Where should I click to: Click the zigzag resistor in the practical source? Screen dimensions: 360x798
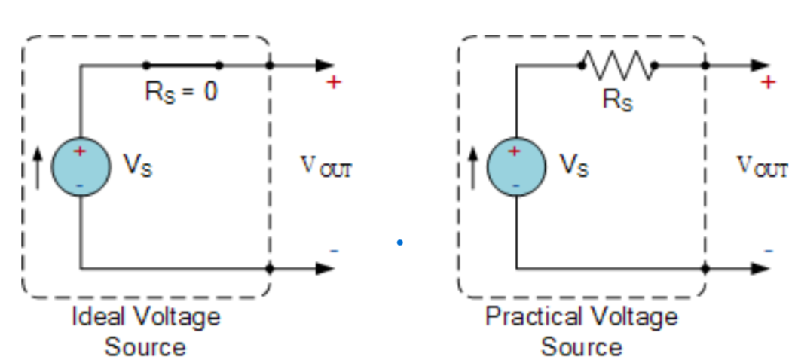click(617, 66)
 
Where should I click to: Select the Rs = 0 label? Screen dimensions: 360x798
click(182, 92)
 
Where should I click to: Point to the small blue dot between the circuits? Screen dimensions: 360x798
click(400, 243)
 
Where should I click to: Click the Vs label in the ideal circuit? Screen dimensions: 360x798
click(138, 165)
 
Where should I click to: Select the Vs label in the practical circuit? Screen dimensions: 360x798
click(573, 165)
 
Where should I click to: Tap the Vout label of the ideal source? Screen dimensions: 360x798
click(326, 166)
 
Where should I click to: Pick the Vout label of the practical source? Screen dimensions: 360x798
click(762, 166)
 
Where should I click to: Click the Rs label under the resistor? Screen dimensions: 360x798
click(618, 101)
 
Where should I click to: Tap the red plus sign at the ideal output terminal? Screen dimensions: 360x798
click(333, 81)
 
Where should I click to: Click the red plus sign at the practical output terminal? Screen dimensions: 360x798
click(768, 81)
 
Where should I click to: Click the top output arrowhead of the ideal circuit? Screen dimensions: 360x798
click(325, 66)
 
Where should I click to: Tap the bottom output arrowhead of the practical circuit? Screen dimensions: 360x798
click(760, 267)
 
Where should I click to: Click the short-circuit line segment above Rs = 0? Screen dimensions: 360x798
click(182, 66)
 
